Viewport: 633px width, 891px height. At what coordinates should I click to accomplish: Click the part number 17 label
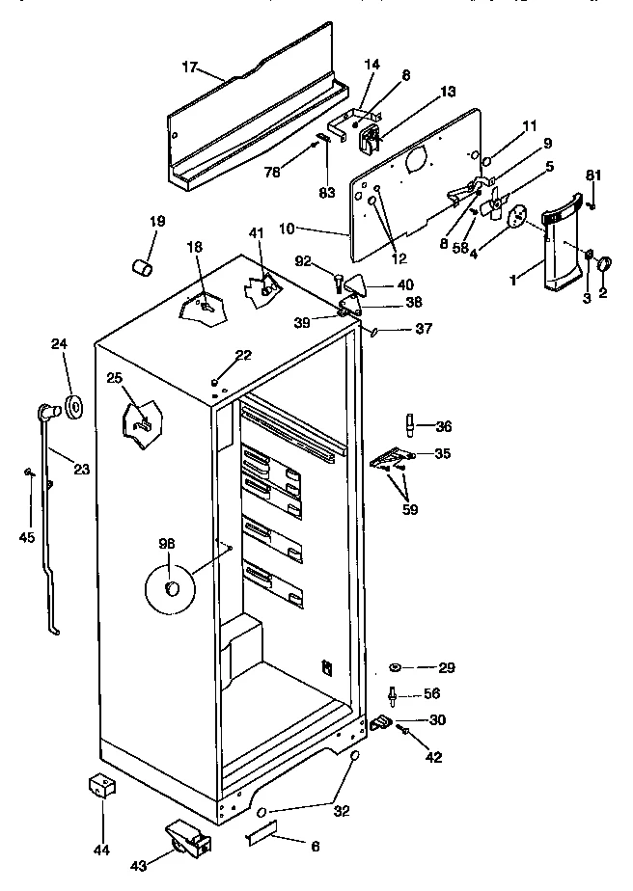(189, 67)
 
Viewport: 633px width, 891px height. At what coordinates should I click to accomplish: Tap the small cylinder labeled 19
(144, 265)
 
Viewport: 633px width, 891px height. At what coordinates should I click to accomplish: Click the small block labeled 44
(101, 786)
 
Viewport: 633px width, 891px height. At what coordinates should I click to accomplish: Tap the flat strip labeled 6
(261, 830)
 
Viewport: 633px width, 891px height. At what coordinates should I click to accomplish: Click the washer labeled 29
(397, 667)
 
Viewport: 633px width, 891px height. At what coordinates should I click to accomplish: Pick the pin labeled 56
(394, 694)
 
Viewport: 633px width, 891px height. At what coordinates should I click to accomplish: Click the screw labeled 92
(339, 282)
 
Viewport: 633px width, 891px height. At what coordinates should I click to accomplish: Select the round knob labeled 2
(604, 264)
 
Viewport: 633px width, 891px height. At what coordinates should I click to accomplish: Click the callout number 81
(593, 175)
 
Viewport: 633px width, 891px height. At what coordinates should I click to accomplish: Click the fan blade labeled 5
(497, 203)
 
